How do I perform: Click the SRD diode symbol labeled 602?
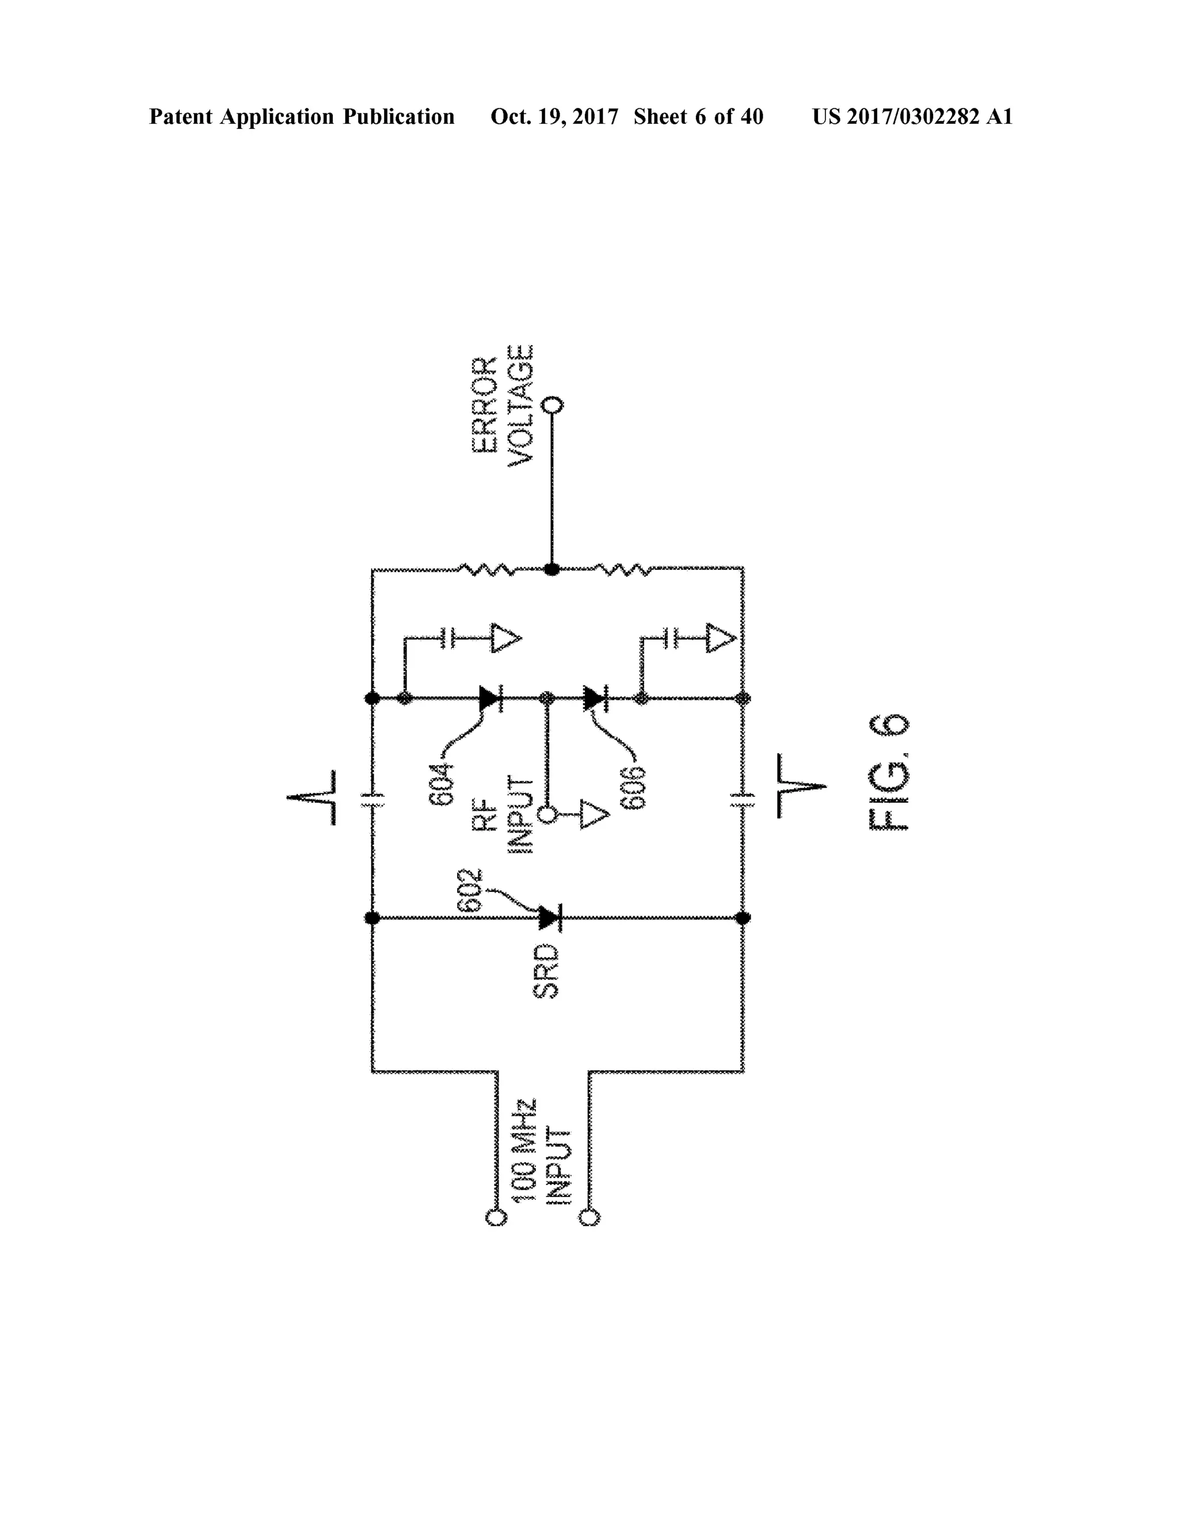551,917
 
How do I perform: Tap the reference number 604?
442,785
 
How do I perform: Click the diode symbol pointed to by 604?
491,697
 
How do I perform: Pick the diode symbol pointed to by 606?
595,697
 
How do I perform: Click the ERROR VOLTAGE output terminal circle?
553,405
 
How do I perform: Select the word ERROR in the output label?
485,405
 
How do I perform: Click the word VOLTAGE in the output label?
520,405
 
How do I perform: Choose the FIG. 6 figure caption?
888,772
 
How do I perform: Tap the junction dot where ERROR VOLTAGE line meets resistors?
552,570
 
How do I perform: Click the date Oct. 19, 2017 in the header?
554,117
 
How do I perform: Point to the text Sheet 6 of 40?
698,117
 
